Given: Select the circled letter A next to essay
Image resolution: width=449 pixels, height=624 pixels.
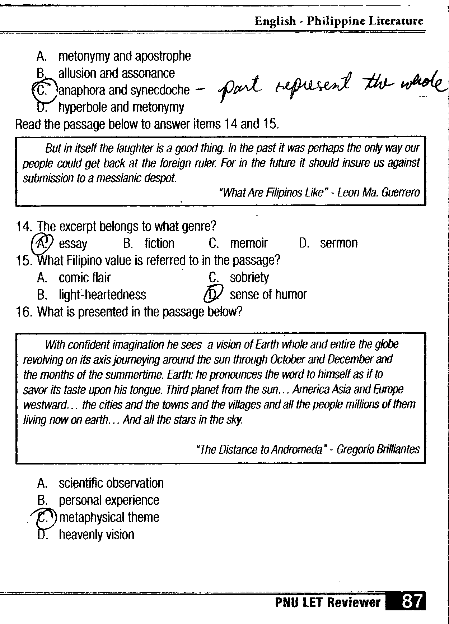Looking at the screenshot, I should pos(42,243).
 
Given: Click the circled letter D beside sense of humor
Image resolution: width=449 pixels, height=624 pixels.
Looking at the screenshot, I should pos(213,295).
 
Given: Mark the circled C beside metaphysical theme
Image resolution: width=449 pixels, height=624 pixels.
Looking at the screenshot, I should pos(43,517).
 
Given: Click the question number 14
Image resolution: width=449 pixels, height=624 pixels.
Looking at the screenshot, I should pos(24,226).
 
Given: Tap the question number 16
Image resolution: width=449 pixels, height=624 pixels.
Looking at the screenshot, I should pos(24,311).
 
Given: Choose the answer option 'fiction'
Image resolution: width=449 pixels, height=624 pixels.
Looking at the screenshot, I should pos(159,243).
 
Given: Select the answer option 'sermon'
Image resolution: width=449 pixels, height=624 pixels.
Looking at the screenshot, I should pos(338,243).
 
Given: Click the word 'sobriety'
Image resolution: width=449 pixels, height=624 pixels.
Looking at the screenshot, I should pos(249,277).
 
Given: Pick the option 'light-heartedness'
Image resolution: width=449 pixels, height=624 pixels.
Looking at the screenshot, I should pos(102,295).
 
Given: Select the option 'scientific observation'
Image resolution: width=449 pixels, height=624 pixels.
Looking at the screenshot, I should pos(111,483).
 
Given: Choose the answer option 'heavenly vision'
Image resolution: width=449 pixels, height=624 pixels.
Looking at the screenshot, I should pos(96,535).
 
